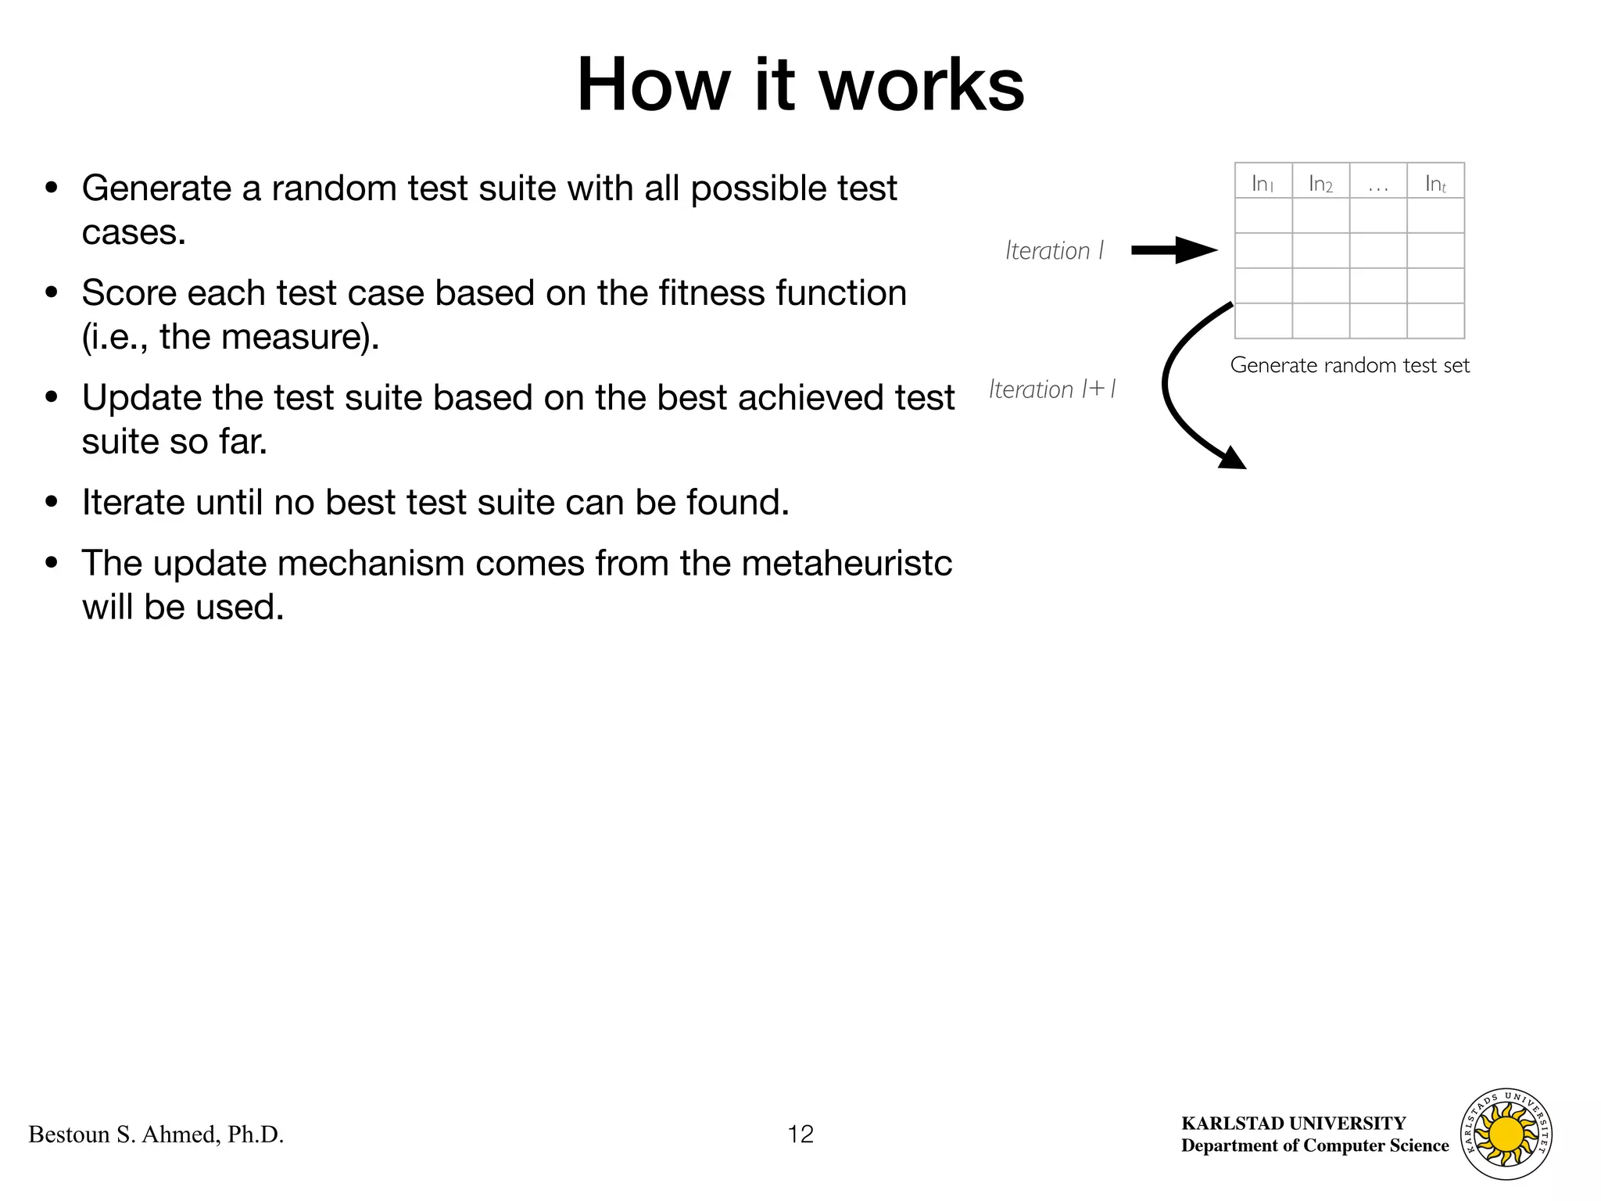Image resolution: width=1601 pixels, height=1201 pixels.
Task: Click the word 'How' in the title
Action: (x=652, y=85)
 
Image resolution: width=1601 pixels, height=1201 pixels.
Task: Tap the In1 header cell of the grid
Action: (x=1263, y=183)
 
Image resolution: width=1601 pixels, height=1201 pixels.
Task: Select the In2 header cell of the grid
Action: (x=1320, y=183)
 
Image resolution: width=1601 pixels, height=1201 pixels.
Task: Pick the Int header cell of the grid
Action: (x=1435, y=183)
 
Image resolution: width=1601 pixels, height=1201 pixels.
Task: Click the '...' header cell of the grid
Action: (x=1378, y=183)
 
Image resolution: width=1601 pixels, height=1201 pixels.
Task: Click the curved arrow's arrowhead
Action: (x=1233, y=458)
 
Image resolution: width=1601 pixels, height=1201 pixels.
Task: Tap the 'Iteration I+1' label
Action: (x=1052, y=389)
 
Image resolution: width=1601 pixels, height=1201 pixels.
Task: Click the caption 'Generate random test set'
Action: (x=1350, y=365)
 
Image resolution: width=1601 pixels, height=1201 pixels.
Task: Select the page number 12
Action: (x=800, y=1134)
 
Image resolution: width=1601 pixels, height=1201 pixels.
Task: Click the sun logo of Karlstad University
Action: (x=1506, y=1134)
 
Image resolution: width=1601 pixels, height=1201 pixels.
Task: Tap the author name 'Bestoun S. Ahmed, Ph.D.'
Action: (x=156, y=1135)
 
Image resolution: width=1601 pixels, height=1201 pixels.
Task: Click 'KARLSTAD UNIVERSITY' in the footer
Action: (x=1294, y=1123)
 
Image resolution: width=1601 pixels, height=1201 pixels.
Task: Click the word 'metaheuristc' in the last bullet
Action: (x=847, y=563)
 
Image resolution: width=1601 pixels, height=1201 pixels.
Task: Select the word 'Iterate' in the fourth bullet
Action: (x=133, y=502)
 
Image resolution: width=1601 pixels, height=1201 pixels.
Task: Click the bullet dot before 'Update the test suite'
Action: (x=52, y=397)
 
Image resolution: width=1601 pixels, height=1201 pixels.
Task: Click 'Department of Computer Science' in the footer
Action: (x=1315, y=1145)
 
